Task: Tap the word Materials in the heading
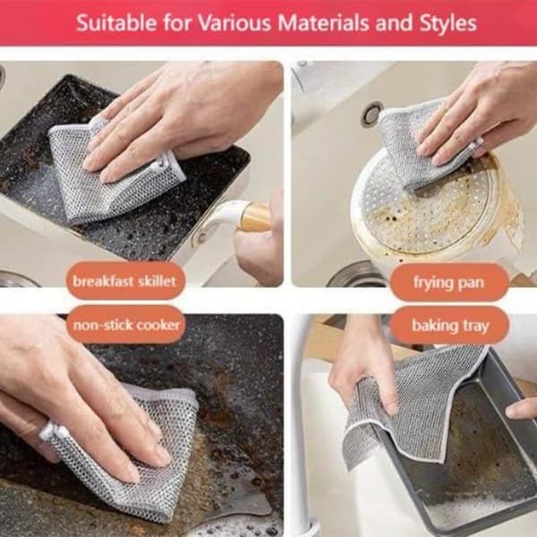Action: (324, 23)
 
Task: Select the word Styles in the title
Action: (448, 24)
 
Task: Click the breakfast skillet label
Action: (125, 281)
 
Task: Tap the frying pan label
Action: (448, 283)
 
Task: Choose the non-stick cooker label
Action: (125, 324)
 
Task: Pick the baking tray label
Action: (449, 326)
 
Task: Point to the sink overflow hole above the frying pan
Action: (371, 114)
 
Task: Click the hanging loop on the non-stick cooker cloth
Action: (49, 430)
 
